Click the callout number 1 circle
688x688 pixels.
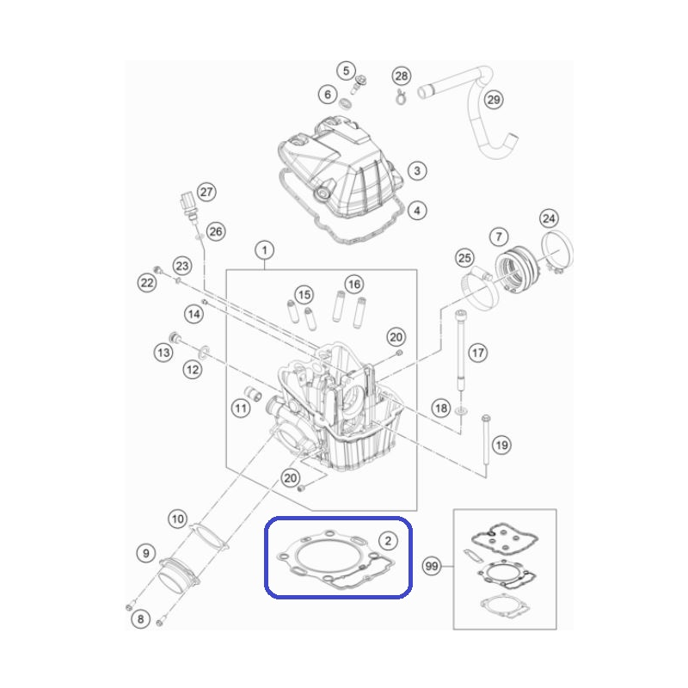[264, 250]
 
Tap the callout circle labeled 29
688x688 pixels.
[494, 100]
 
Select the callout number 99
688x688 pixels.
[432, 566]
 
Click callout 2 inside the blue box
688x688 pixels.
[388, 540]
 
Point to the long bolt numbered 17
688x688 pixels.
[460, 349]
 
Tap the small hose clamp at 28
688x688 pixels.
[400, 97]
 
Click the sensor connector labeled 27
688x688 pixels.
[188, 206]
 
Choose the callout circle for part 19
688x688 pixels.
[501, 445]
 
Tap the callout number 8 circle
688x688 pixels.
[140, 618]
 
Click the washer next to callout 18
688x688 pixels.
[461, 412]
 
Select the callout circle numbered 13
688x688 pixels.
[163, 352]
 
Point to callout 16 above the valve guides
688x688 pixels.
[354, 285]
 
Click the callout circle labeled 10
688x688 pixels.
[178, 519]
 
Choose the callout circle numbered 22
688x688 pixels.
[147, 283]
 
